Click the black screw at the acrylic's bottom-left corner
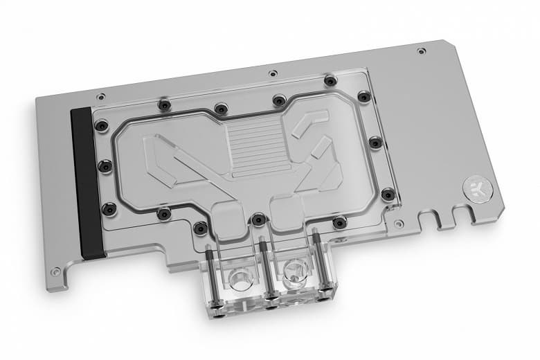pyautogui.click(x=108, y=208)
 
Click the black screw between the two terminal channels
pyautogui.click(x=258, y=219)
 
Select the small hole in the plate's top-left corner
pyautogui.click(x=102, y=96)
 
